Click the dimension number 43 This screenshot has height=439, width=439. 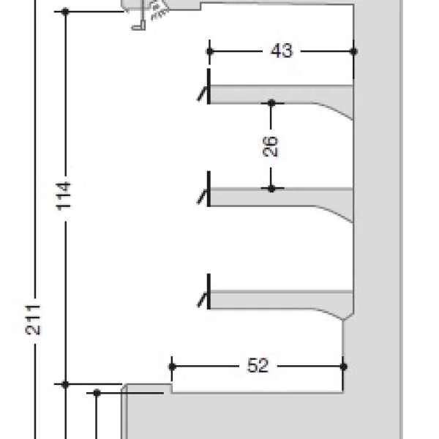pos(282,51)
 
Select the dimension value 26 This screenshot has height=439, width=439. pos(271,146)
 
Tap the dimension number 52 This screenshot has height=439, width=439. pos(258,365)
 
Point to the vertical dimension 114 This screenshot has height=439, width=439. pos(64,195)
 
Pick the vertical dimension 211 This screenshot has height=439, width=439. pos(33,320)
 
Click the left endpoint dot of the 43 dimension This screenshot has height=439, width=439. pos(210,51)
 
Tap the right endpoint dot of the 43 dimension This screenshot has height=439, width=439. pos(353,51)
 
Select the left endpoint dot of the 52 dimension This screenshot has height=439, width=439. pos(172,367)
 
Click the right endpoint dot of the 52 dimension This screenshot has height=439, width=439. pos(344,367)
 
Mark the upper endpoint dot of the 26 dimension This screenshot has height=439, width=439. pos(271,103)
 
